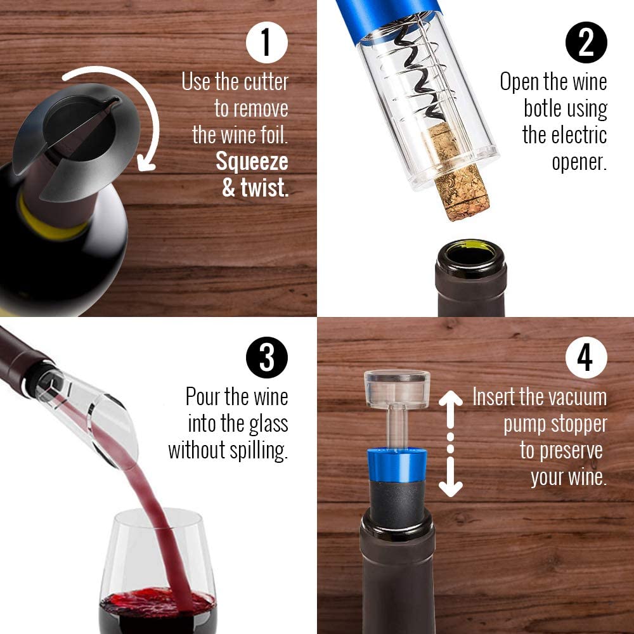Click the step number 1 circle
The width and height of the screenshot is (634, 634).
click(x=267, y=42)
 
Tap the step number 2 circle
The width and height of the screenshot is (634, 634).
click(x=586, y=42)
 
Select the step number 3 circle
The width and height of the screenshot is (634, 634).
click(x=267, y=358)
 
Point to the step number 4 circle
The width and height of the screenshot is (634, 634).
click(x=586, y=358)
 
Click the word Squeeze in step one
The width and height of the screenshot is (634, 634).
click(x=252, y=162)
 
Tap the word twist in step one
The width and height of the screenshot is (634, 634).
click(x=265, y=188)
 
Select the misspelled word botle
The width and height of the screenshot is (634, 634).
click(x=543, y=108)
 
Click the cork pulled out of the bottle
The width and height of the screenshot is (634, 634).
click(x=457, y=172)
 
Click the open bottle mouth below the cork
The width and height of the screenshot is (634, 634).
click(x=471, y=254)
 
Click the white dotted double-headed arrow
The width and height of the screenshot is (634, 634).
click(x=450, y=444)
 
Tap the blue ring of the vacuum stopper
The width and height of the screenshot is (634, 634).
click(x=397, y=465)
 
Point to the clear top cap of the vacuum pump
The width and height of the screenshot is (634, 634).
click(x=397, y=388)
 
